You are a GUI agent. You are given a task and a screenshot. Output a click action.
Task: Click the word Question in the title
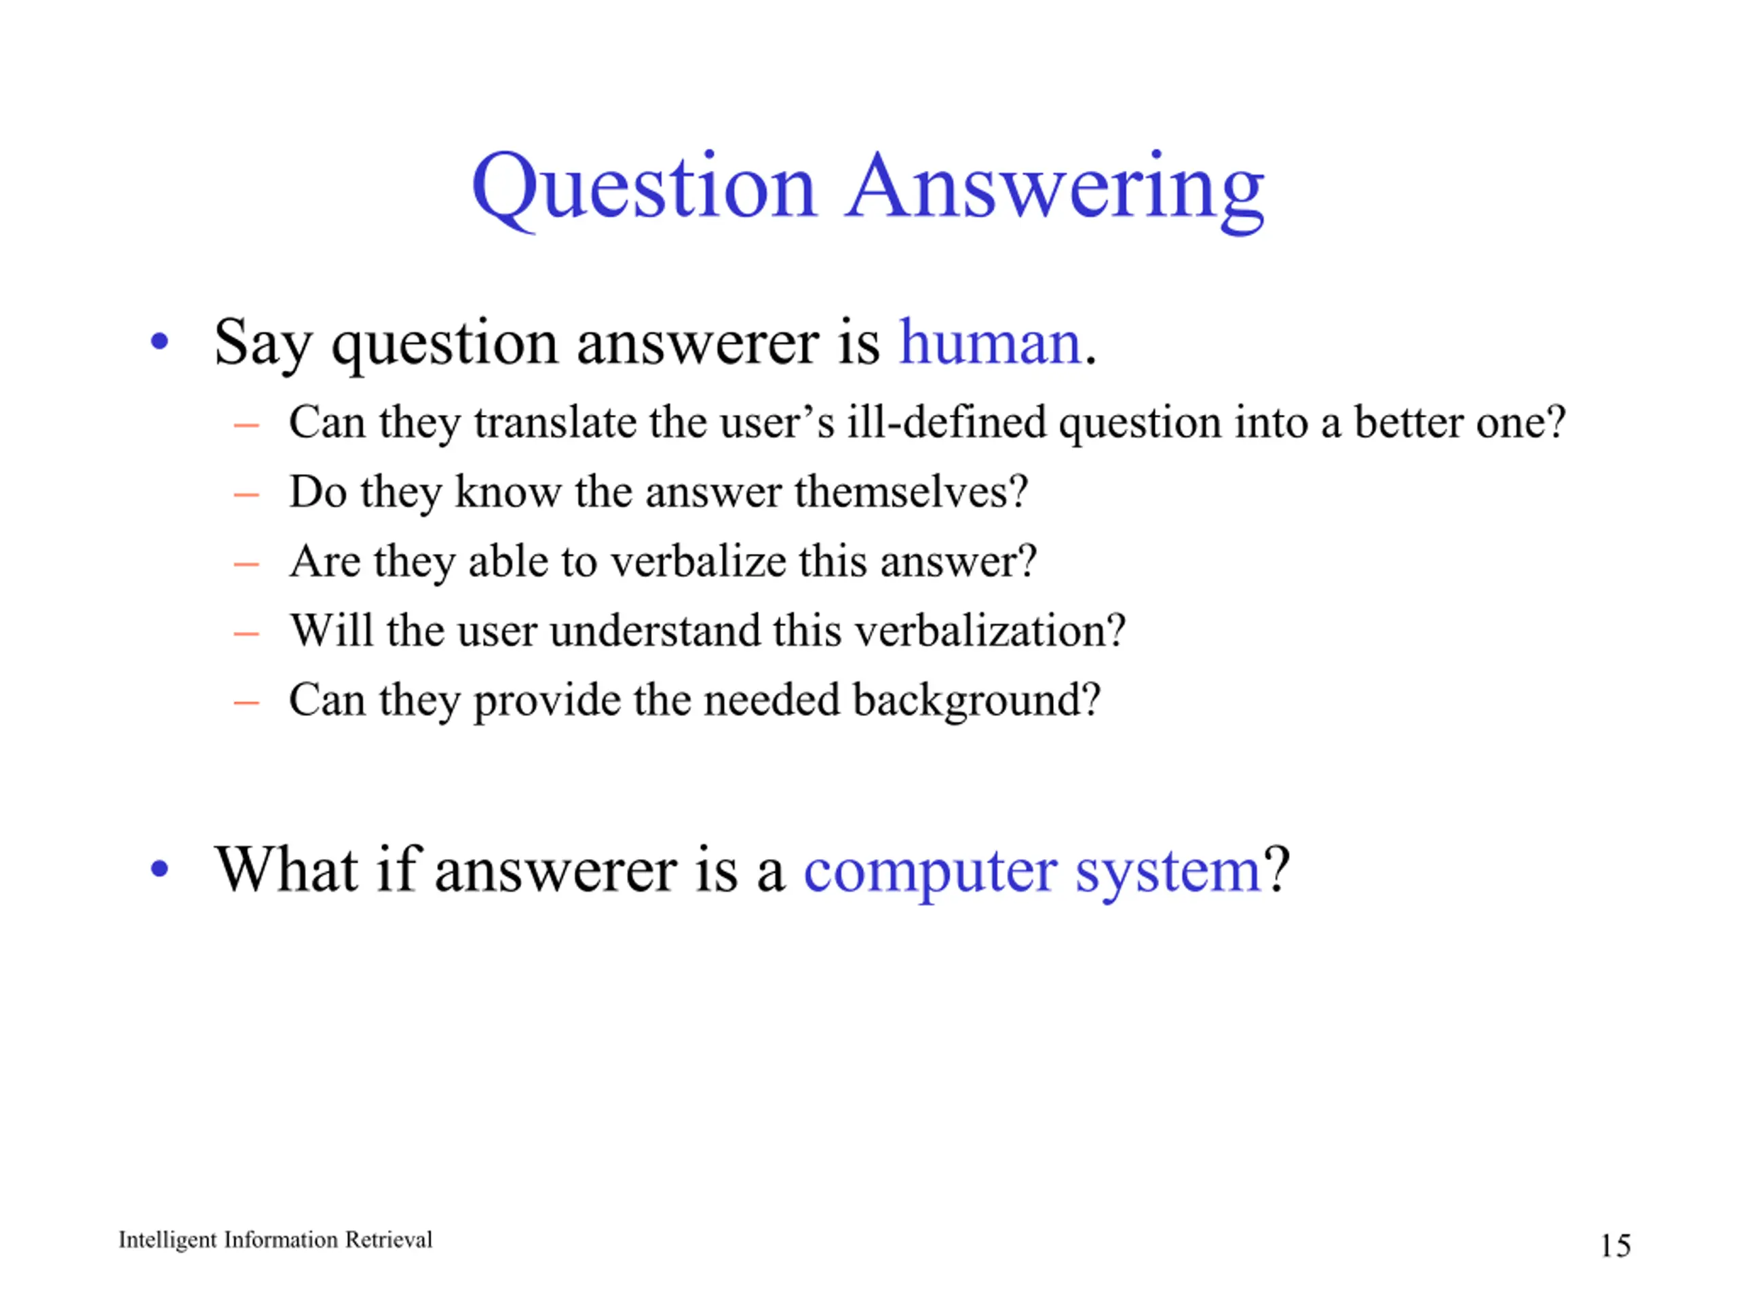tap(645, 189)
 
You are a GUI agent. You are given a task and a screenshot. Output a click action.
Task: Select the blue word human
tap(990, 343)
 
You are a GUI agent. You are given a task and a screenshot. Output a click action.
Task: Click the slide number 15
tap(1616, 1246)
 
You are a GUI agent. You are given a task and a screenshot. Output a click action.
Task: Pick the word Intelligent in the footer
tap(168, 1241)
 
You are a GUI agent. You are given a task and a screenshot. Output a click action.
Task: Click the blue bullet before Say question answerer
tap(159, 342)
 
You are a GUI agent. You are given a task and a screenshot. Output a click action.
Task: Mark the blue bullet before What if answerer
tap(159, 869)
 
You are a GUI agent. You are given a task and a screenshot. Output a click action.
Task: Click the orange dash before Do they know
tap(246, 494)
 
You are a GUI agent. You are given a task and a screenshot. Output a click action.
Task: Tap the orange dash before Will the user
tap(246, 633)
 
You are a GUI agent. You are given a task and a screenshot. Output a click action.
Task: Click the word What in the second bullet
tap(286, 869)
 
